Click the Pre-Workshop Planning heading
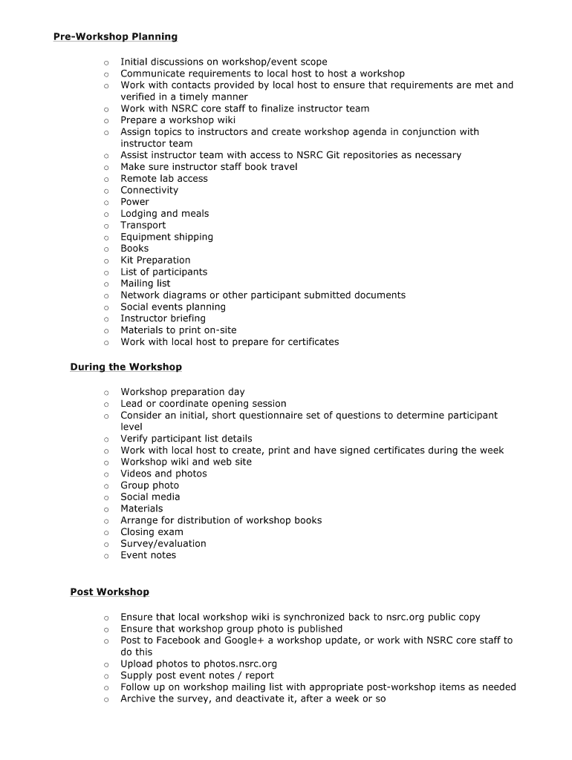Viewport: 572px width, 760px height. [115, 36]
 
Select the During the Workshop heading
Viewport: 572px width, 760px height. [126, 367]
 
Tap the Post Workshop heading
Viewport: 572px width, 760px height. [109, 592]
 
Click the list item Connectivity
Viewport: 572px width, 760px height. [149, 190]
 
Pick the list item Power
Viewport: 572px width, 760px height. [134, 202]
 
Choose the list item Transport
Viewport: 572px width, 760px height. [143, 225]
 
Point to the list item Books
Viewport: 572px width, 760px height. [134, 249]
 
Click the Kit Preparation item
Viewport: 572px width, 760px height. [155, 260]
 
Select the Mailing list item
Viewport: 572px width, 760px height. [145, 284]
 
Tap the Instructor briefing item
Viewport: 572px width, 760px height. [163, 318]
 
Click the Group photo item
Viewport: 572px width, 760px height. [149, 485]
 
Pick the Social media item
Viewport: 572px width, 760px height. [150, 497]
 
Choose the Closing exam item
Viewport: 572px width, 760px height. [152, 532]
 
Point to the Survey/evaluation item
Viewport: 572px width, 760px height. [163, 543]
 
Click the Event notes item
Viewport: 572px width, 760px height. [148, 555]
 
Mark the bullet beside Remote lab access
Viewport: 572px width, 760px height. [106, 179]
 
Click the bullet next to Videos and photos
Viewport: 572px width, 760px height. [106, 474]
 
